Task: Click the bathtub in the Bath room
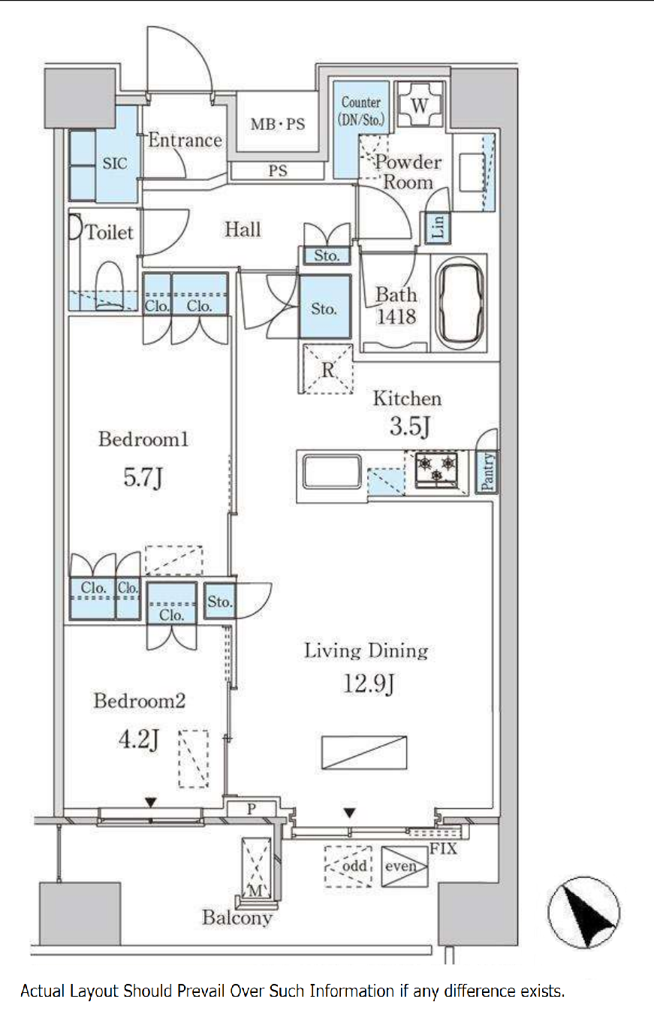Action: tap(460, 303)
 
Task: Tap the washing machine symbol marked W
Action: tap(420, 104)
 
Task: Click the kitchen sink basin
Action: tap(332, 472)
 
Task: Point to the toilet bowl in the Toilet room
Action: tap(110, 285)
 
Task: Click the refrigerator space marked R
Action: tap(327, 369)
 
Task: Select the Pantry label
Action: tap(487, 472)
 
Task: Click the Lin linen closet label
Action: tap(438, 227)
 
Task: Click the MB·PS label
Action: tap(278, 124)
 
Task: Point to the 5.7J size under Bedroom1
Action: tap(143, 478)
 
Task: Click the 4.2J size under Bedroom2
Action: tap(139, 740)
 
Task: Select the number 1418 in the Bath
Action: tap(396, 317)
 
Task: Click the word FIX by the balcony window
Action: tap(444, 849)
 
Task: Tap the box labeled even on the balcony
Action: tap(405, 867)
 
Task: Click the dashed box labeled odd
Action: tap(348, 867)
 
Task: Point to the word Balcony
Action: tap(237, 918)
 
